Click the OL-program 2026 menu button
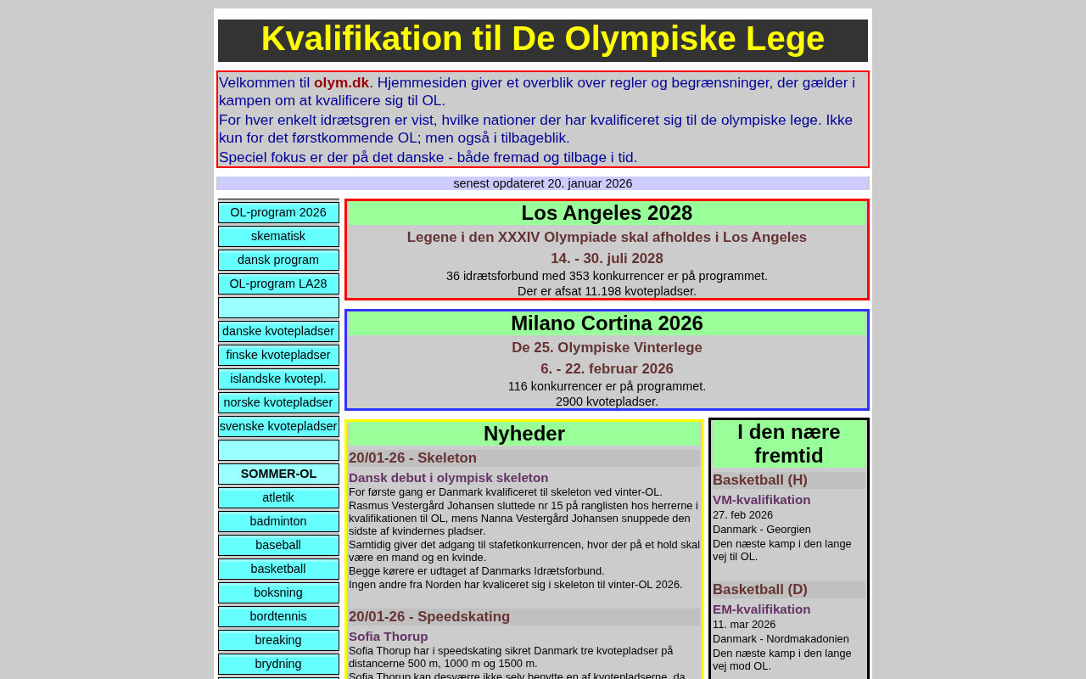pyautogui.click(x=278, y=213)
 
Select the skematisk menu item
pyautogui.click(x=278, y=237)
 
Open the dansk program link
pyautogui.click(x=278, y=261)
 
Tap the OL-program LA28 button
pyautogui.click(x=278, y=284)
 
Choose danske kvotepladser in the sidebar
pyautogui.click(x=278, y=332)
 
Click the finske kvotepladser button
pyautogui.click(x=278, y=356)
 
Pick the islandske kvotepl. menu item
pyautogui.click(x=278, y=379)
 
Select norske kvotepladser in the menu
pyautogui.click(x=278, y=403)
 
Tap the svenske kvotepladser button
pyautogui.click(x=278, y=427)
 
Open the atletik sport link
pyautogui.click(x=278, y=498)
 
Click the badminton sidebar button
pyautogui.click(x=278, y=522)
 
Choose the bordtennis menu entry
pyautogui.click(x=278, y=617)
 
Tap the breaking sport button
pyautogui.click(x=278, y=641)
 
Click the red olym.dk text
pyautogui.click(x=341, y=83)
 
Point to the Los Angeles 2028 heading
pyautogui.click(x=607, y=214)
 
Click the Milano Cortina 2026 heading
pyautogui.click(x=607, y=324)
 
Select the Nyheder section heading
pyautogui.click(x=523, y=435)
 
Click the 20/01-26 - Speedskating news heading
pyautogui.click(x=429, y=617)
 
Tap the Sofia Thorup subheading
pyautogui.click(x=388, y=637)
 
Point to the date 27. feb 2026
pyautogui.click(x=742, y=515)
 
